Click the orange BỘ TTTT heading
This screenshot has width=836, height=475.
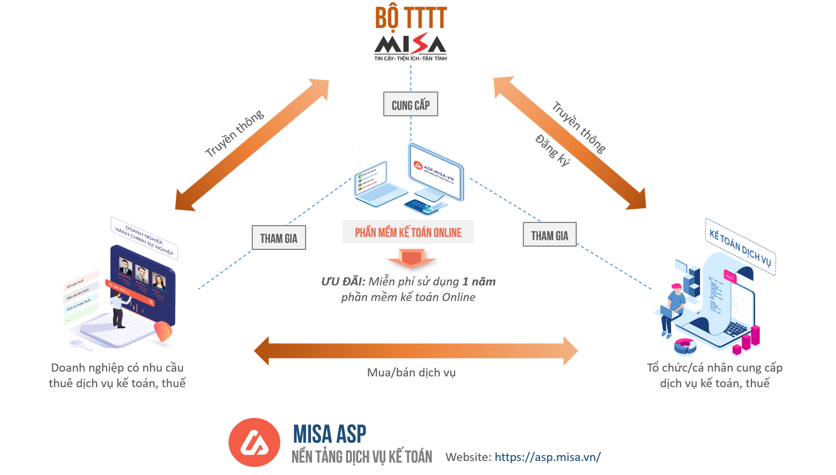(411, 18)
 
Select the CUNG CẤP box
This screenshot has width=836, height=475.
(411, 104)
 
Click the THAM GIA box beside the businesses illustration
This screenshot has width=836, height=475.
(279, 238)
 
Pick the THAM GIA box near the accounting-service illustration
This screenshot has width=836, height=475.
(549, 235)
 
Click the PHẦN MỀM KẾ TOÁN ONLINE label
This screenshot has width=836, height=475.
(408, 232)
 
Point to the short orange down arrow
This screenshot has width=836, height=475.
(411, 259)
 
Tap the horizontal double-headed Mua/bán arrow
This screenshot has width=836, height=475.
(416, 351)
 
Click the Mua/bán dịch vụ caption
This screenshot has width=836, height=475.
(411, 373)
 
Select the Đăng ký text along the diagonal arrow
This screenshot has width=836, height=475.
(552, 150)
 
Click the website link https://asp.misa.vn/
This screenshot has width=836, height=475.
(547, 457)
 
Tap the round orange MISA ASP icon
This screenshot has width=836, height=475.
(254, 442)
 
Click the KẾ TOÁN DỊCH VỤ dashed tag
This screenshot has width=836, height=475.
(740, 247)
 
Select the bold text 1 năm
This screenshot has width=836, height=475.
(479, 282)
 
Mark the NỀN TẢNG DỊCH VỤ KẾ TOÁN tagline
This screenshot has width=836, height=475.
(362, 457)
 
